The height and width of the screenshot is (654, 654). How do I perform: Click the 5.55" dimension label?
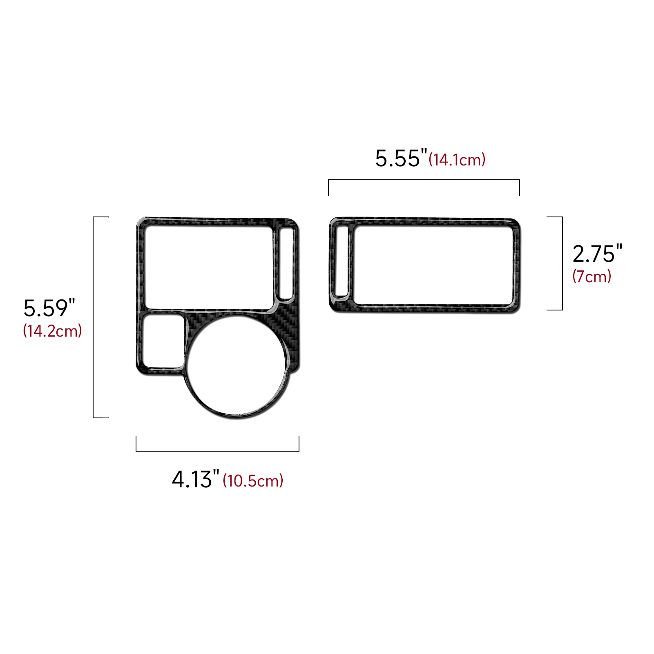point(401,158)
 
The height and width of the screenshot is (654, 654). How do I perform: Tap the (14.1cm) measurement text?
point(457,160)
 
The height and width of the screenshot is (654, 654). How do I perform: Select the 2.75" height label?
point(597,254)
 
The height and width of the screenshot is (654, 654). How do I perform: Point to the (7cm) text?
point(592,277)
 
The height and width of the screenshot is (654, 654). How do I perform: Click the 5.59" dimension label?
point(49,308)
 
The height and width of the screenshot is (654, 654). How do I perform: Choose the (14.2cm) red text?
point(53,330)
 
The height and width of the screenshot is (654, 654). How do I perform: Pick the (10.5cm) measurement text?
point(253,481)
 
